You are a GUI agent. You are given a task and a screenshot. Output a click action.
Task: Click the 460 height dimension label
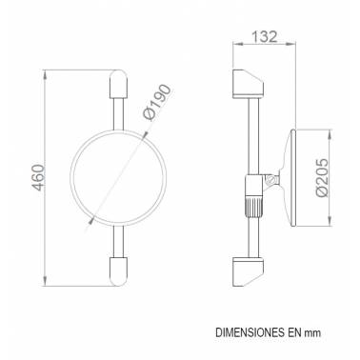38,177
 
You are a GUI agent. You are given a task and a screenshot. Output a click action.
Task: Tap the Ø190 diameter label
157,103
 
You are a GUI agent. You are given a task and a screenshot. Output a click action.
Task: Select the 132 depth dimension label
265,36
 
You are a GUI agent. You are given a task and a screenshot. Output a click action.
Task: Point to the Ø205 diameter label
322,178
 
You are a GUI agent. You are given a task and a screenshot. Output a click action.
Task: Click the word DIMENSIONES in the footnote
250,332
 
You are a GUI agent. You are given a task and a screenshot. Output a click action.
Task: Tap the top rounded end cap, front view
118,84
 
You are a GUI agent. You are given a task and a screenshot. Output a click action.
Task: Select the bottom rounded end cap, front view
118,271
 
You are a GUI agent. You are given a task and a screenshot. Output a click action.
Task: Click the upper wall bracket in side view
248,84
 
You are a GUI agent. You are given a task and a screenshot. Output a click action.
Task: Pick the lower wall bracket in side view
248,271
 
